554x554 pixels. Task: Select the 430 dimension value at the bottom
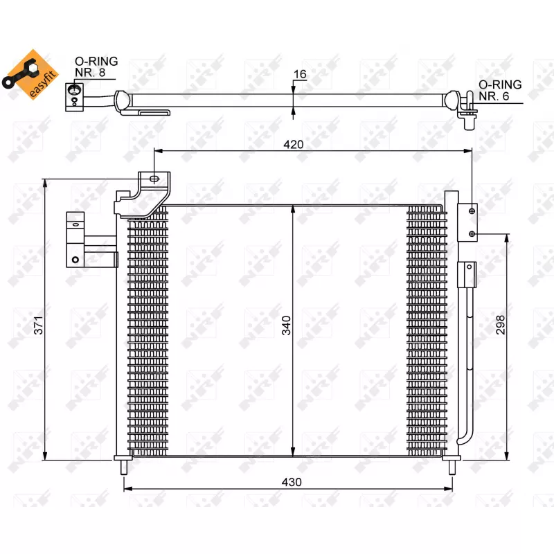point(292,482)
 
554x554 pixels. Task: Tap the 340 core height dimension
point(287,325)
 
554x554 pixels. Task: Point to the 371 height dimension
point(38,325)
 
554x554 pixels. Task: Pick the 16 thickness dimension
point(300,74)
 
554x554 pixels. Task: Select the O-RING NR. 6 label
point(500,91)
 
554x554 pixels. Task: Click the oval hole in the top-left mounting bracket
point(154,180)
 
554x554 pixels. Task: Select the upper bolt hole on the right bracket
point(472,211)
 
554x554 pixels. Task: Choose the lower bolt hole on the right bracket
point(472,233)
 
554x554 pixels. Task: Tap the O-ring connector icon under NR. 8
point(74,95)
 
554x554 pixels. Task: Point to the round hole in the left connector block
point(74,260)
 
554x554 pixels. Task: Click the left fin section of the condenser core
point(148,332)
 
